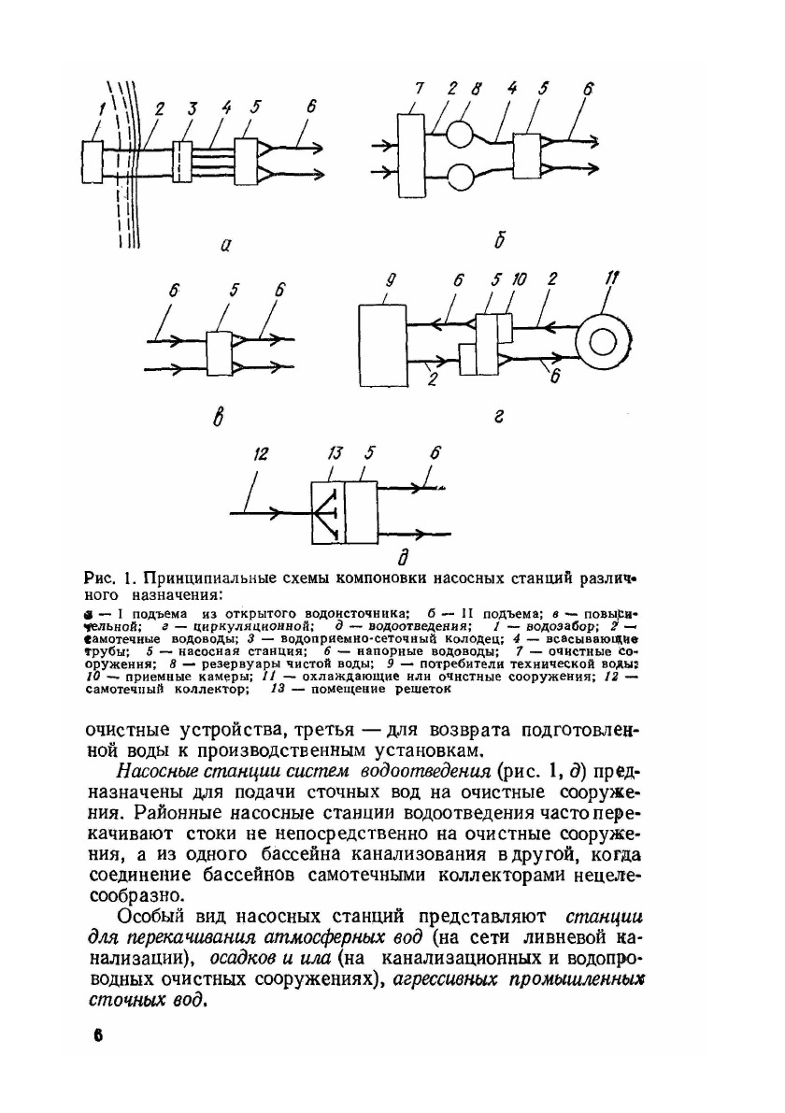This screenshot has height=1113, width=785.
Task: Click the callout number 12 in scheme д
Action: (260, 453)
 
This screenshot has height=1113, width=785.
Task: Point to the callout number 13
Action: (334, 453)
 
